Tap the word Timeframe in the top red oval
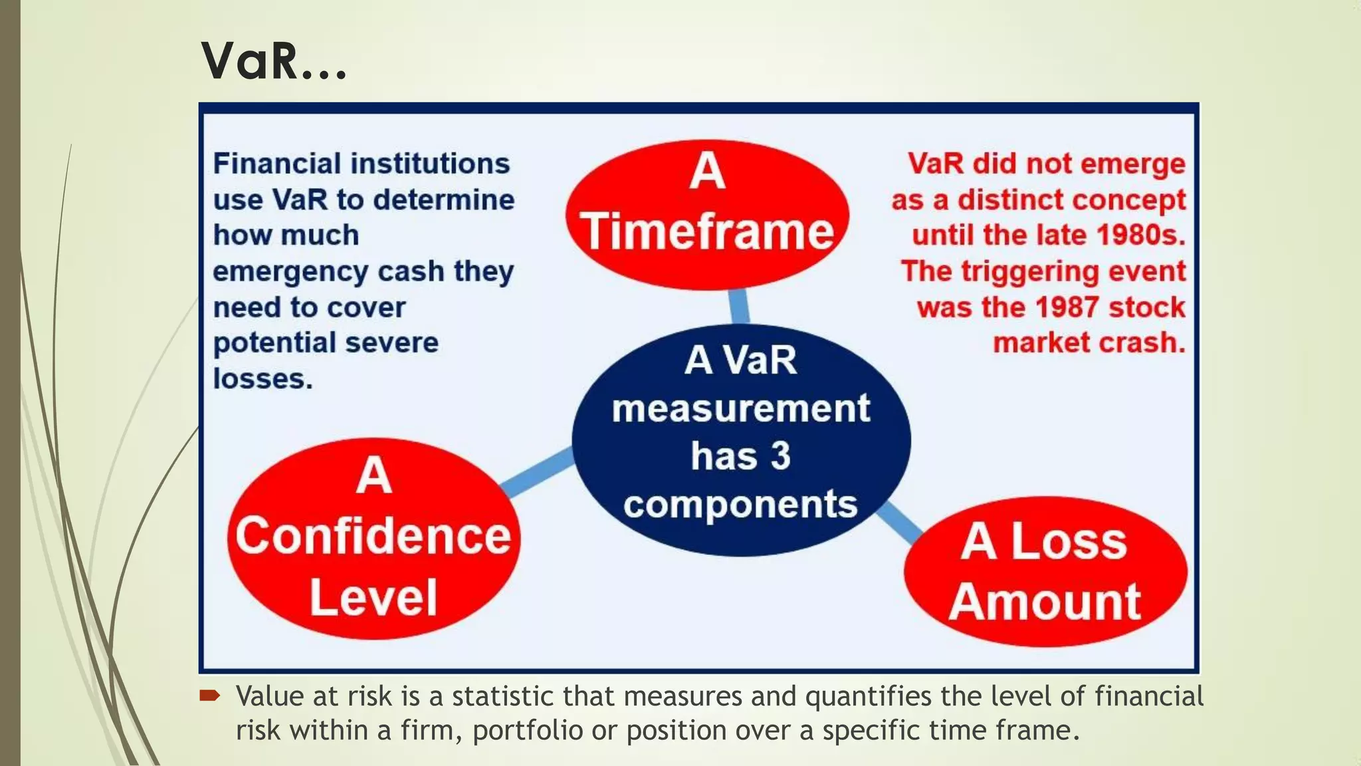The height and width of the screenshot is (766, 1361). [707, 231]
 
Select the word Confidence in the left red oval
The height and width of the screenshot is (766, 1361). [373, 536]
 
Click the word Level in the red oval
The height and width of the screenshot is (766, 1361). [373, 597]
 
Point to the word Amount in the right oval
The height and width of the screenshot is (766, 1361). [1045, 602]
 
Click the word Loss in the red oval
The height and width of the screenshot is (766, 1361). [1069, 541]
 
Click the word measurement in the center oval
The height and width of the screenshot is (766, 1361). [740, 408]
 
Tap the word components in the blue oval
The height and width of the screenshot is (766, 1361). [740, 505]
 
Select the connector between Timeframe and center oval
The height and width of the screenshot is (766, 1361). [739, 307]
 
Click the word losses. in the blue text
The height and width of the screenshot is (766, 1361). [262, 379]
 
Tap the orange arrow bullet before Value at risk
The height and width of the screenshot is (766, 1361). [209, 696]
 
